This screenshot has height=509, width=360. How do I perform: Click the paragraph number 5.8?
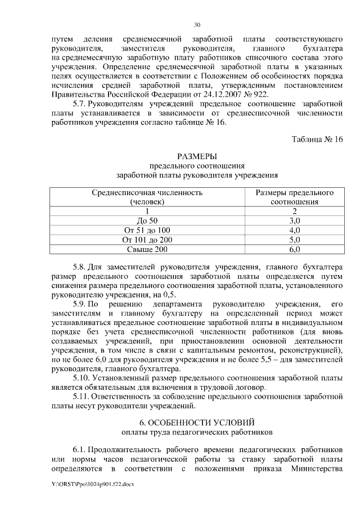[80, 266]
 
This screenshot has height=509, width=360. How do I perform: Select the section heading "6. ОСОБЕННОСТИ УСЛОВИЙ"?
[196, 422]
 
